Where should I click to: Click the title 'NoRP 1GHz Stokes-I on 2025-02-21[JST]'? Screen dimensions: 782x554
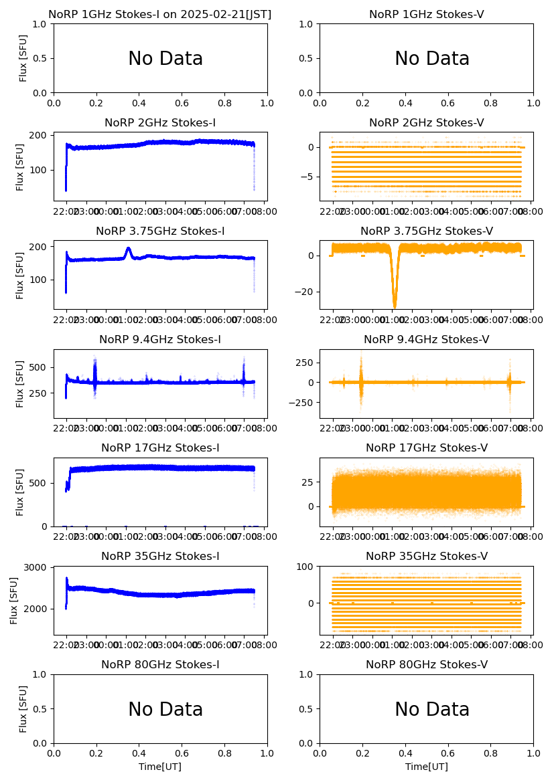[x=160, y=14]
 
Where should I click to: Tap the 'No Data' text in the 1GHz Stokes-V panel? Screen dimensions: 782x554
[x=431, y=59]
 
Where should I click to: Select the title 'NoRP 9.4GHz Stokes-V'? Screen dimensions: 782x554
[x=427, y=340]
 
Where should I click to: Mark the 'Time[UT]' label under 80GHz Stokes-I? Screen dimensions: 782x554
[x=160, y=767]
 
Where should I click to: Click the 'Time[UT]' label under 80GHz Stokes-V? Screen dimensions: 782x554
[x=427, y=767]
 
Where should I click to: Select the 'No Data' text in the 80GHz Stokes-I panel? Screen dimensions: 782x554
[x=165, y=710]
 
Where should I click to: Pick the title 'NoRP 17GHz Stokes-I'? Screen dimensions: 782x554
[x=160, y=448]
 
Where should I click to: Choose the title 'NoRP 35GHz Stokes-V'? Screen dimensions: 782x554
[x=427, y=557]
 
